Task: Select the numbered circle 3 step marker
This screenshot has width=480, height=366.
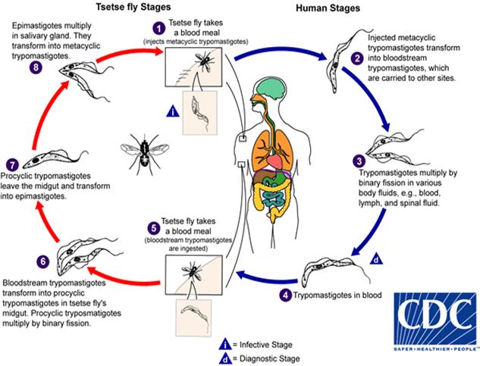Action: pos(358,160)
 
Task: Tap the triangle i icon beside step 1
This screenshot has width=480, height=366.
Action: pos(174,113)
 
